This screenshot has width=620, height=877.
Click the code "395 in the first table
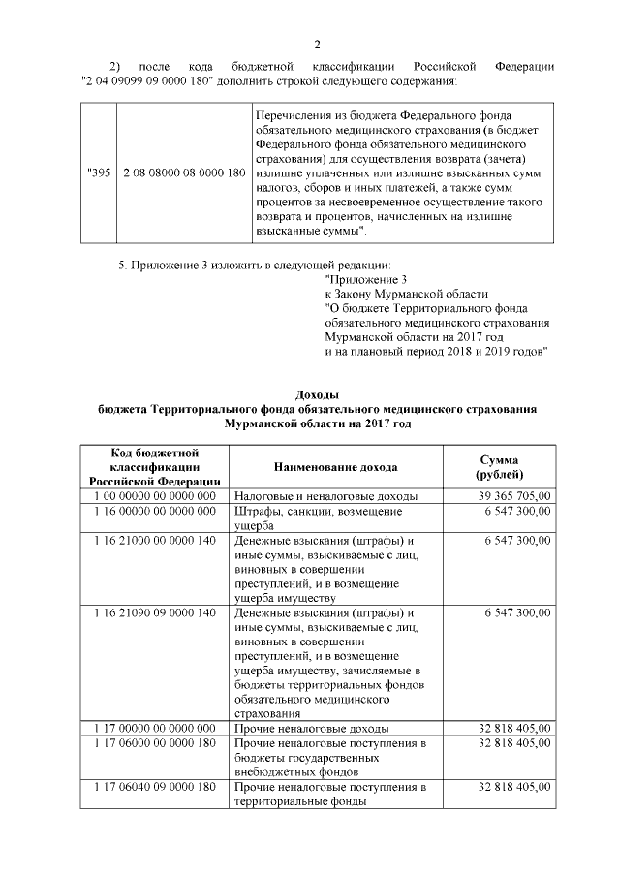coord(99,172)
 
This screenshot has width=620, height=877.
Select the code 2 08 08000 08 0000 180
coord(182,172)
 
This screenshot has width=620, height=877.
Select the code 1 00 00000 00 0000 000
coord(154,495)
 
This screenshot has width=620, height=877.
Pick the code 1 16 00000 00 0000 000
coord(154,510)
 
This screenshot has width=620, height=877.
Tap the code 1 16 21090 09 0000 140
coord(154,613)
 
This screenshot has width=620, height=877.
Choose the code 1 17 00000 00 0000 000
coord(154,728)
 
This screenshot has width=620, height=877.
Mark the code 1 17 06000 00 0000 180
coord(154,743)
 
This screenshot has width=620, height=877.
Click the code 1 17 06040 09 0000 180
coord(154,787)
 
